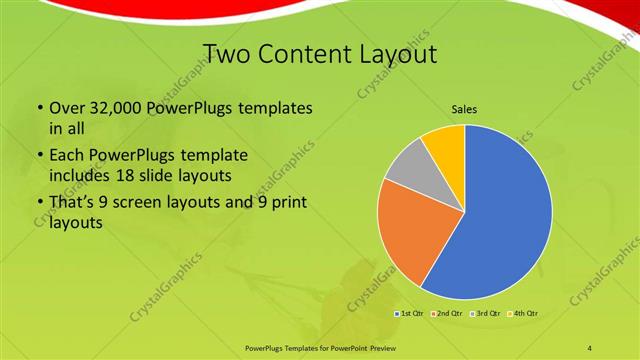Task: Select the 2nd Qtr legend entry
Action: (448, 314)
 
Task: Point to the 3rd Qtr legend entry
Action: (485, 314)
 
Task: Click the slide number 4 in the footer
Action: (591, 347)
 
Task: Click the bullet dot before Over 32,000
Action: (39, 108)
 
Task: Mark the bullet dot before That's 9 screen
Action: (39, 204)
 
